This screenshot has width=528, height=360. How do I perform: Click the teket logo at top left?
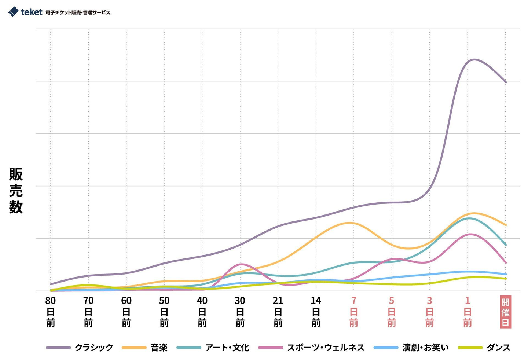(x=25, y=12)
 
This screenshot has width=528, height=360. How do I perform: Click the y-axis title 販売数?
(x=16, y=190)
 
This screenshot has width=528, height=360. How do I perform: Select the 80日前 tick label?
(x=51, y=312)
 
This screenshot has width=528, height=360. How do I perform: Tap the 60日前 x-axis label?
(x=126, y=312)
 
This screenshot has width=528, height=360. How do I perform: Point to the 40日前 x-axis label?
(x=202, y=312)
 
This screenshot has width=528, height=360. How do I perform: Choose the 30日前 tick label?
(x=240, y=312)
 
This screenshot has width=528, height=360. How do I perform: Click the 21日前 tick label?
(x=278, y=312)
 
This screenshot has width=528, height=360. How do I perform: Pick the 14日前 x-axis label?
(x=316, y=312)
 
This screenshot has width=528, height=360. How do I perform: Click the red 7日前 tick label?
(x=354, y=312)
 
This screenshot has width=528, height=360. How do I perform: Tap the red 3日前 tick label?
(x=429, y=312)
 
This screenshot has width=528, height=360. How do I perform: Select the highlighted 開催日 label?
(x=505, y=312)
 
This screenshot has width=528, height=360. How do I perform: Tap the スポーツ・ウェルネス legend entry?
(x=312, y=348)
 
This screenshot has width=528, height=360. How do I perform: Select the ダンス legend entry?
(x=484, y=348)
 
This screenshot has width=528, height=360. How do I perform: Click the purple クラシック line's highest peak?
(x=474, y=59)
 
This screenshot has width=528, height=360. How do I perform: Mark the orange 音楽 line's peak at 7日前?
(x=351, y=223)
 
